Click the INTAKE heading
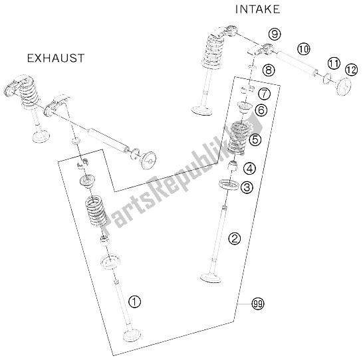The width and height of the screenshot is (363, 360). point(257,9)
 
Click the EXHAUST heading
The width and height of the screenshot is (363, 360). point(56,58)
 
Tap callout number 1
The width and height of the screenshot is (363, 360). point(134,302)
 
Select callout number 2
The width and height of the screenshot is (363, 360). point(235,238)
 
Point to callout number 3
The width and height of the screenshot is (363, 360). point(247,187)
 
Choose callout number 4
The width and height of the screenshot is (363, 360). point(249,169)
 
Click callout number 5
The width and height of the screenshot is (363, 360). point(255,139)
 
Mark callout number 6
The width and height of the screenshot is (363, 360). point(261,110)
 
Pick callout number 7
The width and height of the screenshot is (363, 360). point(264,94)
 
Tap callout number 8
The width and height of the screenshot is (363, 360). point(269,70)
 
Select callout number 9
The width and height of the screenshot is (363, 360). point(275,35)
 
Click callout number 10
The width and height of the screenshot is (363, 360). point(304,49)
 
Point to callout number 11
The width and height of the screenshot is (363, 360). point(334,63)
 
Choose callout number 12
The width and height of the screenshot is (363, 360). point(351,70)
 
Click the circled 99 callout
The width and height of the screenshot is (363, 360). point(258,304)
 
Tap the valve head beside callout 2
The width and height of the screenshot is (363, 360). point(211,278)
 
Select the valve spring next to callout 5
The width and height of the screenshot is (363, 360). point(235,139)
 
